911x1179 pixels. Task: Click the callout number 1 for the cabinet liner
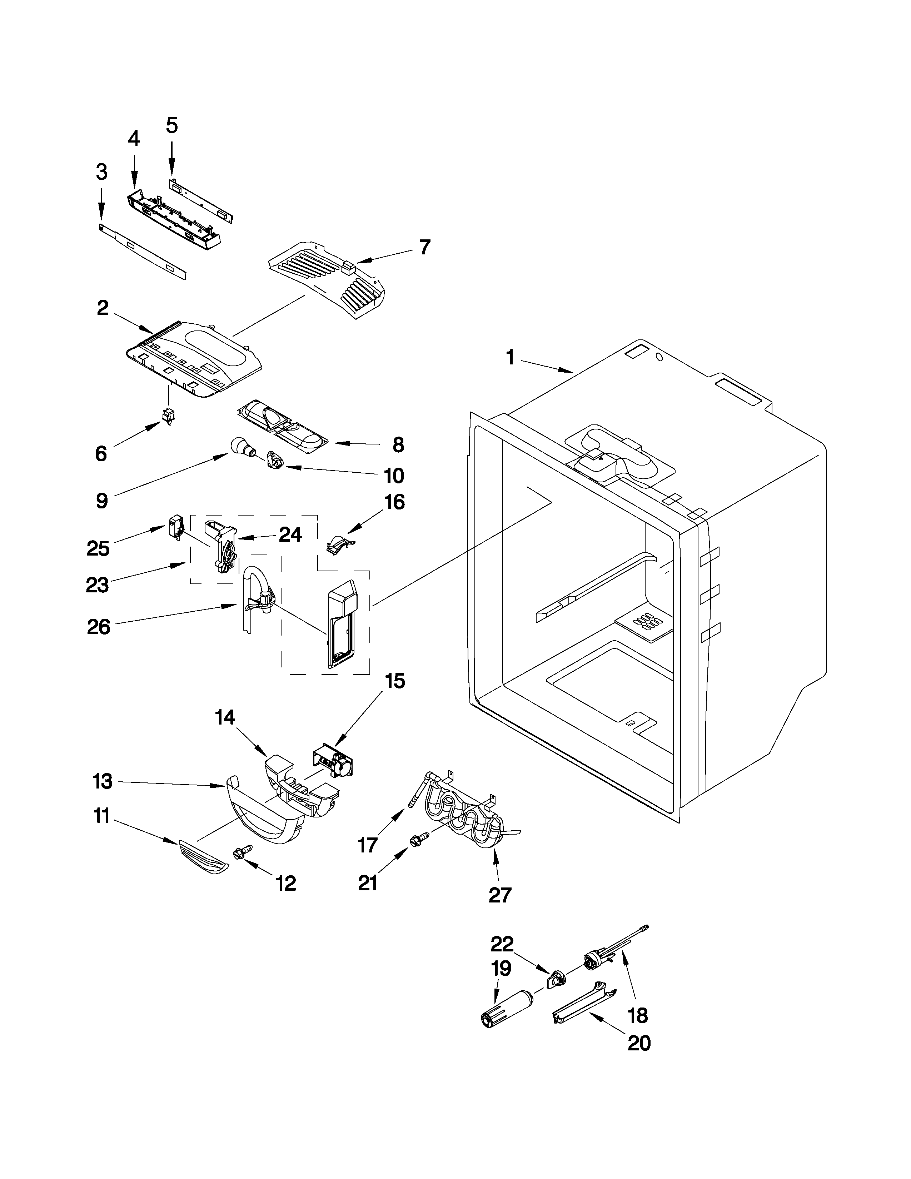coord(510,358)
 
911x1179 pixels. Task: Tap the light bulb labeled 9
coord(240,447)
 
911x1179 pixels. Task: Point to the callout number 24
coord(290,535)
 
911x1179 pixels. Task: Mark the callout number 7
coord(425,247)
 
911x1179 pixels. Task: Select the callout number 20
coord(639,1044)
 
